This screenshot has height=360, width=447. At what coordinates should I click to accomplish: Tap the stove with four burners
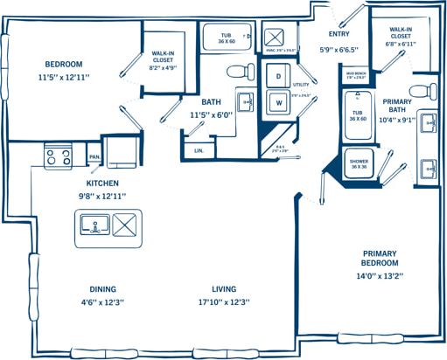58,157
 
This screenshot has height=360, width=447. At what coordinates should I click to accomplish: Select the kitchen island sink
93,225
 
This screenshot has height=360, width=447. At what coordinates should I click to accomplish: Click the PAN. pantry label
94,157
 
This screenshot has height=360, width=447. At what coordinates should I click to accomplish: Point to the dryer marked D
278,78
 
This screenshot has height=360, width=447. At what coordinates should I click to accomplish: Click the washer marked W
278,102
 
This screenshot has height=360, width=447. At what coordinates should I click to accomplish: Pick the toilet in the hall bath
237,71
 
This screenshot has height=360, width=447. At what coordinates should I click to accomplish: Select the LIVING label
223,289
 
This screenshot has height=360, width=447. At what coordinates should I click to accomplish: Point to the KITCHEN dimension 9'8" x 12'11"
101,196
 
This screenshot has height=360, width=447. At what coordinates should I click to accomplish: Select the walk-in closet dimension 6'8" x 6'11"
402,44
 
